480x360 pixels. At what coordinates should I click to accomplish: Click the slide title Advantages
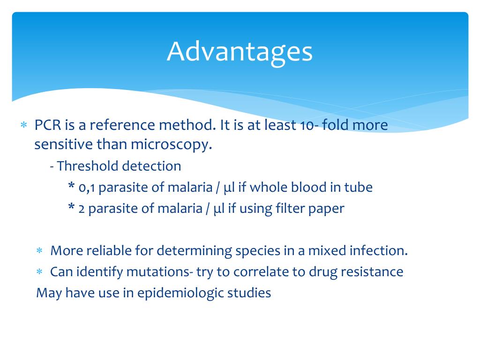coord(240,52)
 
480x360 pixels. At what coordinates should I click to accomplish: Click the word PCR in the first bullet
coord(47,125)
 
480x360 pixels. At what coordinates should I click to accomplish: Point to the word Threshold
coord(88,166)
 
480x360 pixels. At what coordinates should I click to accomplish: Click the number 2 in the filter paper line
coord(82,209)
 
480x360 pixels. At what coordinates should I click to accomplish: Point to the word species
coord(257,251)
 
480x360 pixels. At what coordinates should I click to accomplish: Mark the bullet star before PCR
coord(23,126)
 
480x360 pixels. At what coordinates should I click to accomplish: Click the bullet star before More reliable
coord(40,251)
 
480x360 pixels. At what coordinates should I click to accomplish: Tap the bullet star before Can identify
coord(40,272)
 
